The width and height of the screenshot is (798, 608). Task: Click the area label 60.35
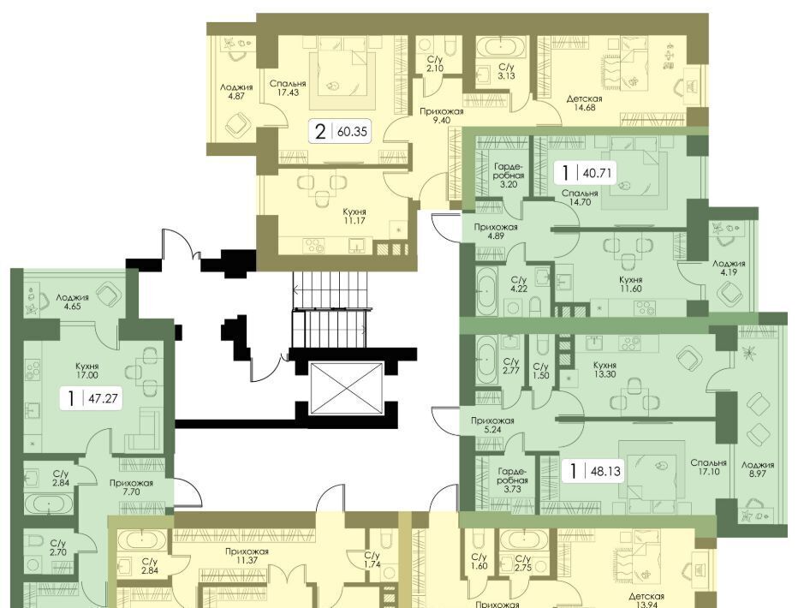[x=352, y=132]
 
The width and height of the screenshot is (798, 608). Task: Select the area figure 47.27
[x=103, y=398]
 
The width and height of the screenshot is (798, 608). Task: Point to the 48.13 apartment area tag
[x=605, y=471]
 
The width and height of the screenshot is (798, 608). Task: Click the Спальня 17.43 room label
[x=288, y=88]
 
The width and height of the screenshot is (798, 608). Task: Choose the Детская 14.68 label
[x=584, y=103]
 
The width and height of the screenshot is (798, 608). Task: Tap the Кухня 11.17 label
[x=354, y=217]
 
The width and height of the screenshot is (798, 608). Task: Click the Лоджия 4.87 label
[x=236, y=91]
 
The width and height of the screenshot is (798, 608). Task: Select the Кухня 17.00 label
[x=86, y=371]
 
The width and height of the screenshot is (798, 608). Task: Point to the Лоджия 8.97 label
[x=757, y=469]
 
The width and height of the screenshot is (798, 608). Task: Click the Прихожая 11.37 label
[x=247, y=556]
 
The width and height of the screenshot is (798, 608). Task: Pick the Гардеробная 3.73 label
[x=513, y=480]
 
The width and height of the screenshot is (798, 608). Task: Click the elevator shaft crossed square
[x=346, y=389]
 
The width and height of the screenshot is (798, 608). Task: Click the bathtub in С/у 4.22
[x=487, y=291]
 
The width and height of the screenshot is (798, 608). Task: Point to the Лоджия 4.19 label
[x=729, y=268]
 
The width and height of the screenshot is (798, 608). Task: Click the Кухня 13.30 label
[x=604, y=369]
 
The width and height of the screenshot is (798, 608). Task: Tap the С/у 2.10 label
[x=435, y=64]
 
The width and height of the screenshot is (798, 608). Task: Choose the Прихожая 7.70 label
[x=131, y=487]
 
